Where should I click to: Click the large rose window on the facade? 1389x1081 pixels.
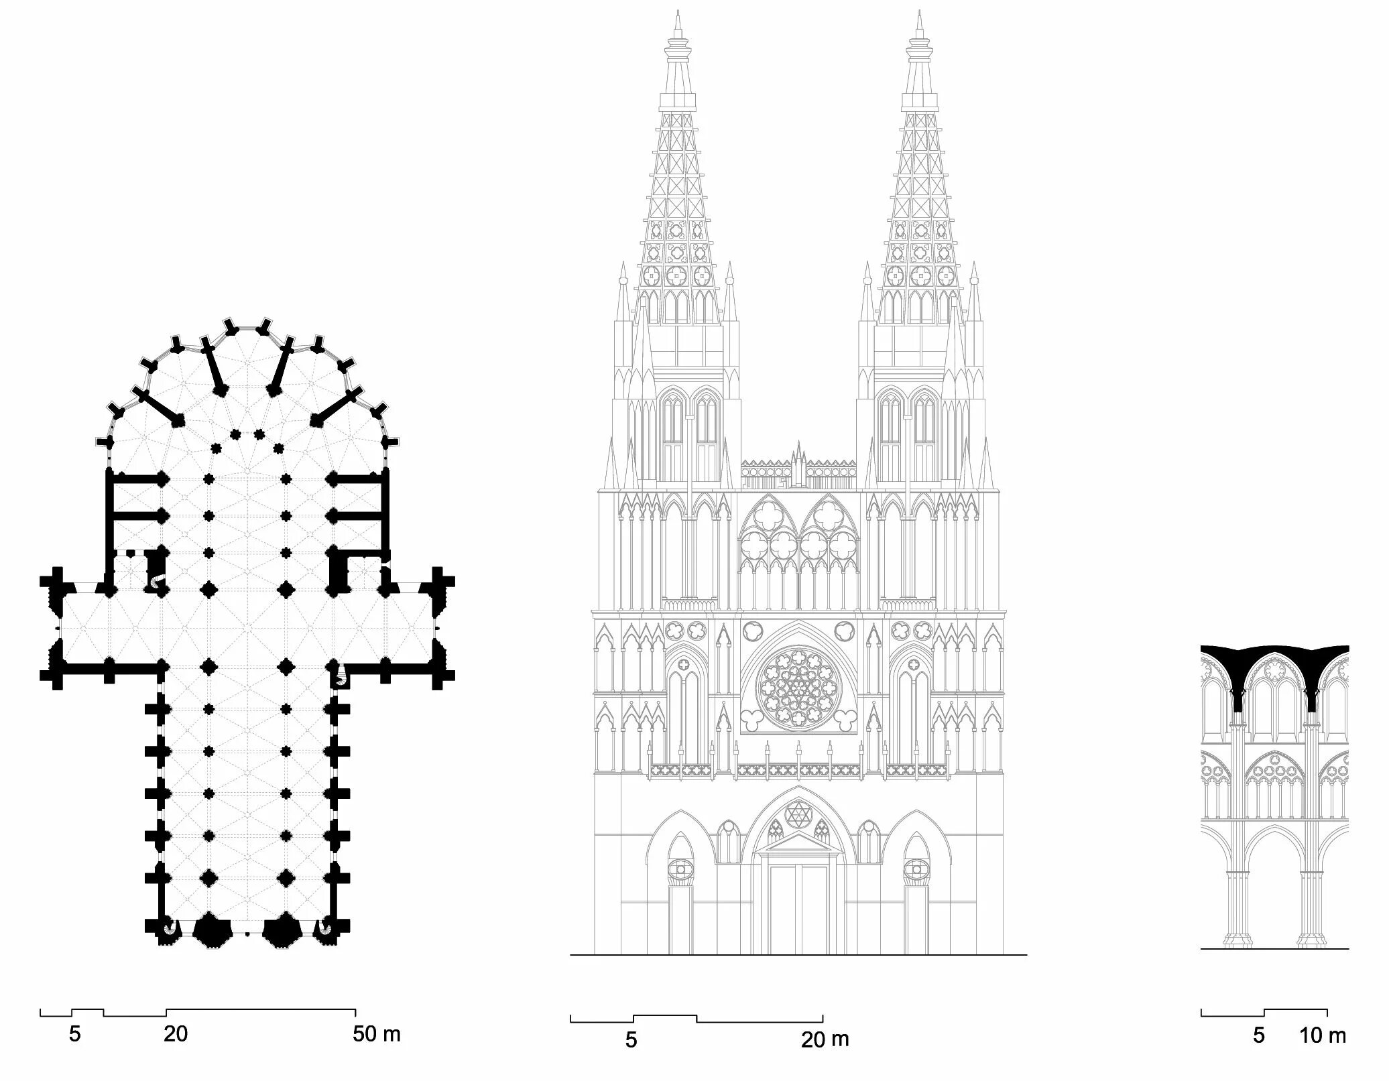click(798, 688)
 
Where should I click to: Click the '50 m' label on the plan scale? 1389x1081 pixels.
click(377, 1034)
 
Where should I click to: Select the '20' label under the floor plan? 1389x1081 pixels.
click(176, 1034)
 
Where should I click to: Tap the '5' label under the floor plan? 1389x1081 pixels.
click(74, 1034)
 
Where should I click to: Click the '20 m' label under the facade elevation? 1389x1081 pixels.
click(825, 1039)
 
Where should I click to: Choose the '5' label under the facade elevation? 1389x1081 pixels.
click(631, 1039)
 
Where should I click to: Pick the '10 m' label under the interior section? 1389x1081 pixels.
click(1323, 1035)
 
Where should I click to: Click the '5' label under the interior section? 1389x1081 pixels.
click(1259, 1035)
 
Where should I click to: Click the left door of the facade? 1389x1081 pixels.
click(680, 918)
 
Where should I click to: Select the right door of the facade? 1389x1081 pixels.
click(915, 918)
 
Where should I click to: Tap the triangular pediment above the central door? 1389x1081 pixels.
click(798, 846)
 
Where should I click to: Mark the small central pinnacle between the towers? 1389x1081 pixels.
click(798, 456)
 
